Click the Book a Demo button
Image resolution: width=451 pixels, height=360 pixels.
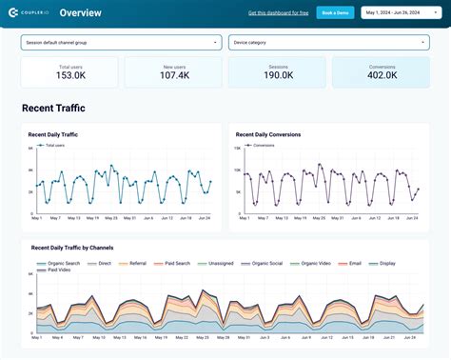[x=334, y=12]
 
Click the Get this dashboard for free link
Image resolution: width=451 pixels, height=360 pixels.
[x=278, y=13]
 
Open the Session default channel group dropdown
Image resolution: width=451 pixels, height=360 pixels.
[x=121, y=43]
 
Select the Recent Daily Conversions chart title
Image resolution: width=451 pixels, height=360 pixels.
[x=268, y=135]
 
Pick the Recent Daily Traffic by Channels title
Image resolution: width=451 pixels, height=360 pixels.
[x=86, y=248]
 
